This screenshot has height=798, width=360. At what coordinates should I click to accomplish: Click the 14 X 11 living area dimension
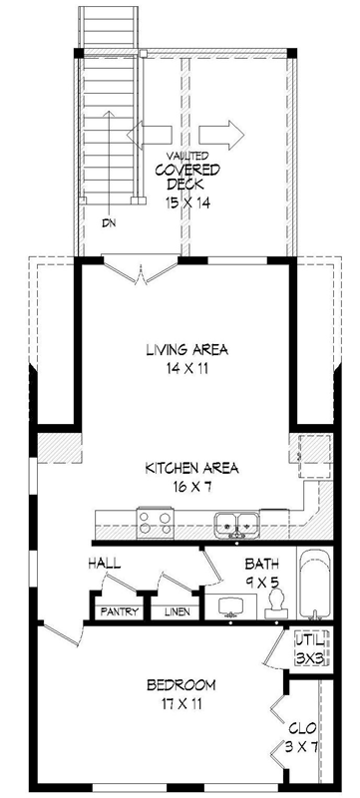pyautogui.click(x=187, y=368)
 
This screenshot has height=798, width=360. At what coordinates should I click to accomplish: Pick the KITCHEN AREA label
pyautogui.click(x=192, y=467)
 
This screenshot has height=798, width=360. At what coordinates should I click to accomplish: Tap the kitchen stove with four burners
pyautogui.click(x=155, y=521)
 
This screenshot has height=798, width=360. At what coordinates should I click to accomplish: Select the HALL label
pyautogui.click(x=104, y=565)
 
